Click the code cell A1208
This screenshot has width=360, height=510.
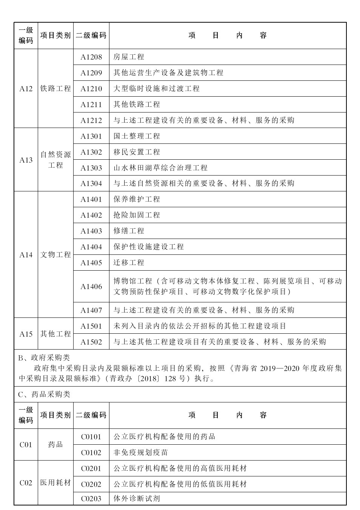pyautogui.click(x=91, y=57)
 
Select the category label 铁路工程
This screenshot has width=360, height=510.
pyautogui.click(x=55, y=89)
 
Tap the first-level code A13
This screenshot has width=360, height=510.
pyautogui.click(x=26, y=160)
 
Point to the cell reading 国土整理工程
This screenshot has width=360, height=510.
pyautogui.click(x=137, y=136)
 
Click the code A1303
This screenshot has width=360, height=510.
pyautogui.click(x=91, y=168)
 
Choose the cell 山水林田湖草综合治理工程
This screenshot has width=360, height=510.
pyautogui.click(x=160, y=168)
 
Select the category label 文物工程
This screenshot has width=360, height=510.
pyautogui.click(x=55, y=255)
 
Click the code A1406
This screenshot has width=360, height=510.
pyautogui.click(x=91, y=287)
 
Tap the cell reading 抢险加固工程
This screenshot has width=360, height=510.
pyautogui.click(x=137, y=215)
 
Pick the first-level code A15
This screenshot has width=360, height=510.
pyautogui.click(x=26, y=334)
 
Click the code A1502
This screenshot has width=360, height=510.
pyautogui.click(x=91, y=342)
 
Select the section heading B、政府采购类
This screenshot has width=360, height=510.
pyautogui.click(x=44, y=357)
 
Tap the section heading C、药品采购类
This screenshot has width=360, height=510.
pyautogui.click(x=44, y=394)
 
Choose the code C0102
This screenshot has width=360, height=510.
pyautogui.click(x=91, y=453)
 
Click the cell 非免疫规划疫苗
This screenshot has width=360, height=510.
pyautogui.click(x=140, y=453)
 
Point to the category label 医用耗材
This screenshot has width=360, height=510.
pyautogui.click(x=55, y=483)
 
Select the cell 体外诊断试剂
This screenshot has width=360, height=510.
pyautogui.click(x=137, y=499)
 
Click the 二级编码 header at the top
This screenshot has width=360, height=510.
pyautogui.click(x=91, y=35)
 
